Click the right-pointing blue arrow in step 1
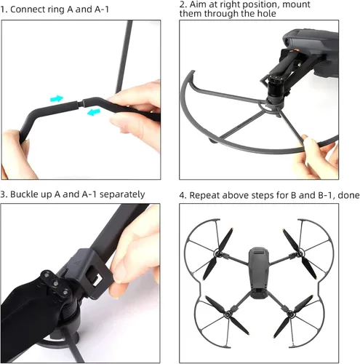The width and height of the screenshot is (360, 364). pos(57,98)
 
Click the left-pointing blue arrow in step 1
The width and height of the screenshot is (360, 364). pos(94,112)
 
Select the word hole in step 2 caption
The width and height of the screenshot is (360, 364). pos(266,13)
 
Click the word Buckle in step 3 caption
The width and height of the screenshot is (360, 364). pos(23,194)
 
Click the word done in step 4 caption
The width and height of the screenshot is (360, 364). pos(348,195)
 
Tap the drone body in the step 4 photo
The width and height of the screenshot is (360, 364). pos(259,272)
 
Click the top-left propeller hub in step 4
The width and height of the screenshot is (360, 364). pos(217,254)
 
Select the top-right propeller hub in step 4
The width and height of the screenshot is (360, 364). pos(300,254)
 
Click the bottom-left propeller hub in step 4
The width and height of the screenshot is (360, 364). pos(227,314)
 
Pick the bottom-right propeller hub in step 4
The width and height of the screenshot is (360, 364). pos(290,314)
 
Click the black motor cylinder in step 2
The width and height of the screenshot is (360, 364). pos(275,89)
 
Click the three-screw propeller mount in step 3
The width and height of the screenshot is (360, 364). pos(55,282)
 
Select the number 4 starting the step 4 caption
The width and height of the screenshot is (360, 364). pos(181,196)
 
